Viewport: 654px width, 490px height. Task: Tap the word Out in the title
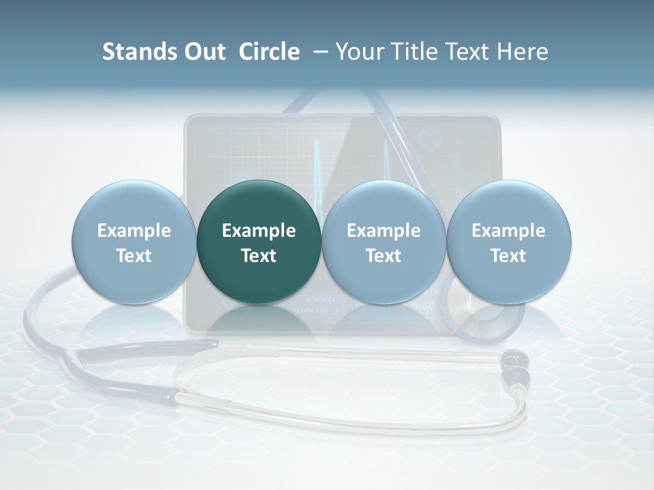[x=203, y=52]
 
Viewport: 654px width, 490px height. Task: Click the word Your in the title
[x=358, y=52]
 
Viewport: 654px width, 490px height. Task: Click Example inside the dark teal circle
[x=259, y=231]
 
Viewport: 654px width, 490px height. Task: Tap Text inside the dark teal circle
[x=259, y=256]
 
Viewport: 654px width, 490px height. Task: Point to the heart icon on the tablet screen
[x=430, y=141]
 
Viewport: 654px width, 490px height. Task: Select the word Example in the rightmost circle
[x=509, y=231]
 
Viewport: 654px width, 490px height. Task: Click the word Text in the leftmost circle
[x=134, y=256]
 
